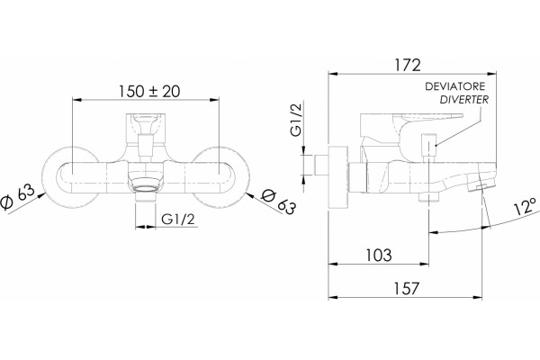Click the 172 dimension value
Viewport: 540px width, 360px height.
[408, 65]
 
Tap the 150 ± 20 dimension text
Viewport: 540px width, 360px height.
[149, 91]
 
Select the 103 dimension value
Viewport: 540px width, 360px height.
[379, 256]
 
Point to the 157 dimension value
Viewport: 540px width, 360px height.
[407, 288]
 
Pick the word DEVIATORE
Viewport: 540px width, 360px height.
[454, 86]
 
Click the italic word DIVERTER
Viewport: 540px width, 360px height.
[464, 100]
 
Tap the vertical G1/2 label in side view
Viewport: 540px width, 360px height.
[296, 119]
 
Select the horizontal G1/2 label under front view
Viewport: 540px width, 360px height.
[178, 219]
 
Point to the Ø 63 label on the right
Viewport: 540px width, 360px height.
[278, 202]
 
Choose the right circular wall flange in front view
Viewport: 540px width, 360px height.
[220, 177]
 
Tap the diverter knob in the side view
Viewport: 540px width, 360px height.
[428, 144]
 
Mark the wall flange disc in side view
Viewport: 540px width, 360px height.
[338, 177]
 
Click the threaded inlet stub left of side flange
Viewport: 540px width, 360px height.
[321, 166]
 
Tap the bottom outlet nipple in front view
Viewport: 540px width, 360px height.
[145, 197]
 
